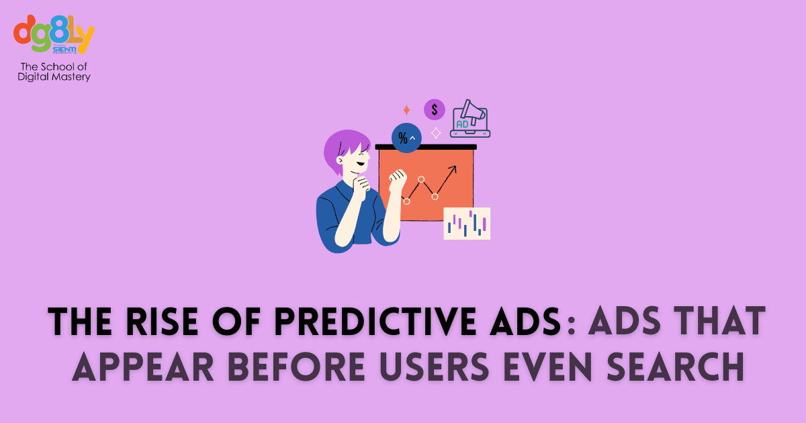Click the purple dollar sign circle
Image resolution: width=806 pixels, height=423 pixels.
pyautogui.click(x=435, y=109)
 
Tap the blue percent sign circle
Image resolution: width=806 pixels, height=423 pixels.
pyautogui.click(x=406, y=138)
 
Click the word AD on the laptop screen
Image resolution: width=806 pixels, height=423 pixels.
pyautogui.click(x=463, y=124)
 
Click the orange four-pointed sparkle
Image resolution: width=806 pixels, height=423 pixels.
pyautogui.click(x=406, y=109)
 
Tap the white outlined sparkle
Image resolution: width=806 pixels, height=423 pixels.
pyautogui.click(x=436, y=133)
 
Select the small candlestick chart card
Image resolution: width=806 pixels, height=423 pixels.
pyautogui.click(x=467, y=224)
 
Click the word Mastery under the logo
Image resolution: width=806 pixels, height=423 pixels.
pyautogui.click(x=71, y=77)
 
